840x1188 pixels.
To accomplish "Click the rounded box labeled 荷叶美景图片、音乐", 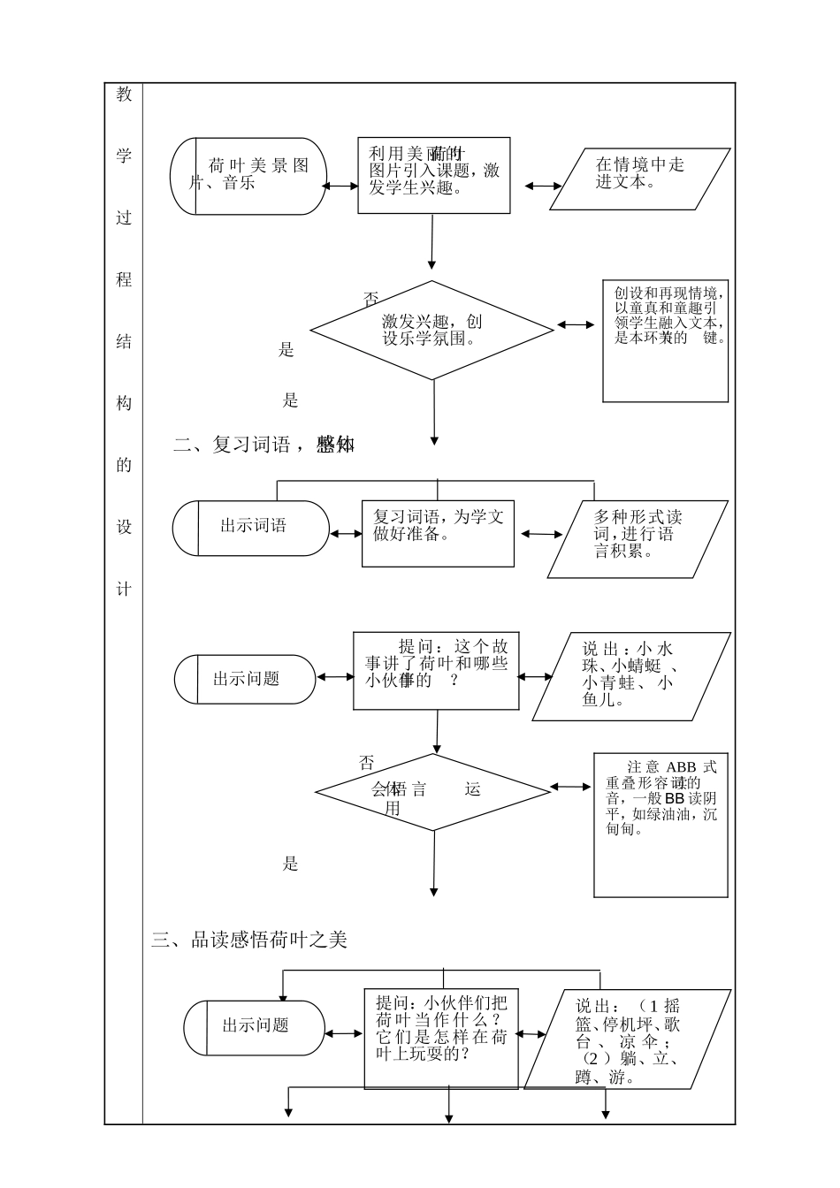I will pos(248,176).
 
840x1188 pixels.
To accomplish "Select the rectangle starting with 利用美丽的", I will pos(433,175).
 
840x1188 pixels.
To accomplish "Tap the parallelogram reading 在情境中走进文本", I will pos(640,179).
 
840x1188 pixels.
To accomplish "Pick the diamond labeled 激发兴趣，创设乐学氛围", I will pos(432,331).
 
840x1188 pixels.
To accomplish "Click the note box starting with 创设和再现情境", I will pos(666,340).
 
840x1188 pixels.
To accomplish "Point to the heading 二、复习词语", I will pos(263,445).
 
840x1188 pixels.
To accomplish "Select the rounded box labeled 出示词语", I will pos(251,528).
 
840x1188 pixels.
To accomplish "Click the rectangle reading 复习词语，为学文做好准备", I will pos(438,534).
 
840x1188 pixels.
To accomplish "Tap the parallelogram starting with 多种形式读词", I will pos(638,539).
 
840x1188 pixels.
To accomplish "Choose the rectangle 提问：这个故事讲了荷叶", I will pos(436,670).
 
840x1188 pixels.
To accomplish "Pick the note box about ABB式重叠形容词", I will pos(661,823).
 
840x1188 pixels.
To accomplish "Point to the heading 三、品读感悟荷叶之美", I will pos(249,940).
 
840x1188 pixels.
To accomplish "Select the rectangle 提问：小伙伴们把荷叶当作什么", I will pos(441,1039).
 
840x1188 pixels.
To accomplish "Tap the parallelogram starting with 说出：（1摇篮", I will pos(627,1039).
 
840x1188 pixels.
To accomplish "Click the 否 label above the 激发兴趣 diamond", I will pos(371,299).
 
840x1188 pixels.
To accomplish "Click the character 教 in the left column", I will pos(124,95).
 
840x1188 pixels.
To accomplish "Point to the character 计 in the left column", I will pos(124,590).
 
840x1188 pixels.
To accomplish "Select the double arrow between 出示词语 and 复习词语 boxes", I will pos(346,534).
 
